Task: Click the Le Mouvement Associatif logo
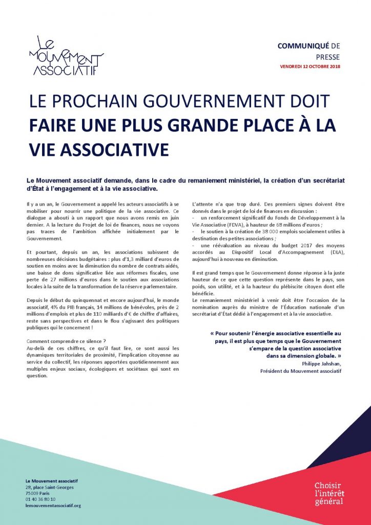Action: coord(66,56)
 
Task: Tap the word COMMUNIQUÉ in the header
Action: coord(300,46)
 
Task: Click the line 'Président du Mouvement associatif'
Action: coord(300,370)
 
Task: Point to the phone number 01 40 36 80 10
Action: coord(40,499)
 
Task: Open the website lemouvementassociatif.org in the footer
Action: coord(53,506)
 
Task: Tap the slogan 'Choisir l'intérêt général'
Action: coord(328,493)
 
